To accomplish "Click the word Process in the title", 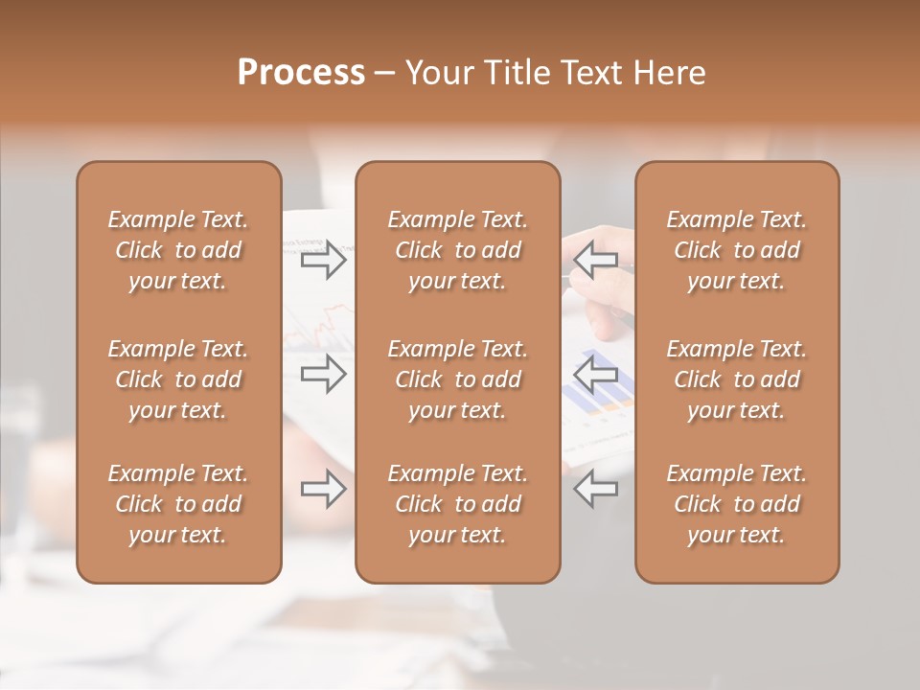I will pyautogui.click(x=301, y=73).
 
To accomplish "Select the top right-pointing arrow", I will pyautogui.click(x=323, y=260).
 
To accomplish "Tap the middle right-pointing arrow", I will pyautogui.click(x=323, y=374).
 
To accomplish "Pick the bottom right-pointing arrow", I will pyautogui.click(x=323, y=490).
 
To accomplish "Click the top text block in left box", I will pyautogui.click(x=178, y=250).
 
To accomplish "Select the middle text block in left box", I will pyautogui.click(x=178, y=379).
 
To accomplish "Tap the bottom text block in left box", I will pyautogui.click(x=178, y=504).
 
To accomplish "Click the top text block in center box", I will pyautogui.click(x=457, y=250).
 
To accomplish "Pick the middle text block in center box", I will pyautogui.click(x=457, y=379).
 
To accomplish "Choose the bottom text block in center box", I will pyautogui.click(x=457, y=504).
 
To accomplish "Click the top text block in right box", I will pyautogui.click(x=736, y=250).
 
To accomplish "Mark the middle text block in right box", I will pyautogui.click(x=736, y=379).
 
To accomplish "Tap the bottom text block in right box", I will pyautogui.click(x=736, y=504).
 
